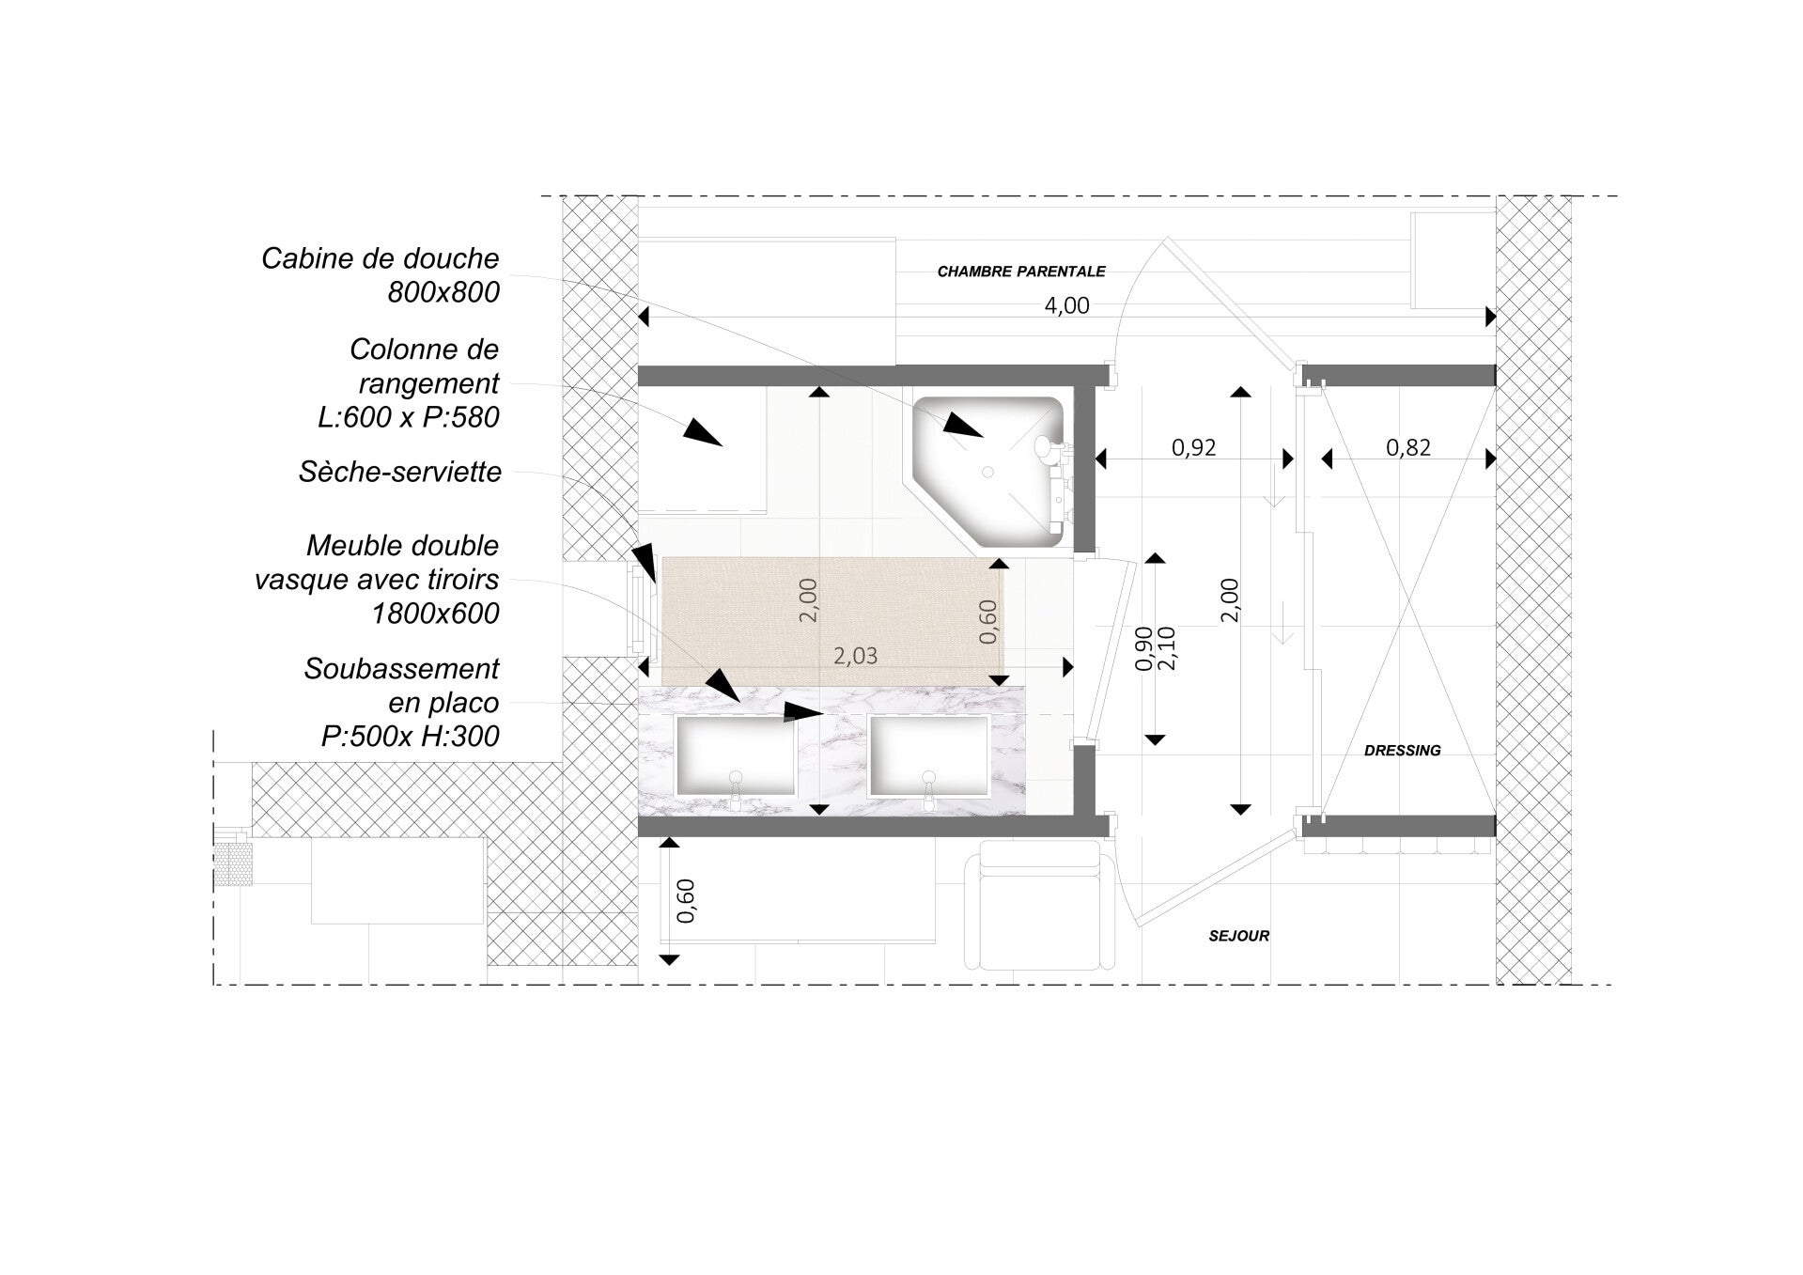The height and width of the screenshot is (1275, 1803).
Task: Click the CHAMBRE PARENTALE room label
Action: point(1021,272)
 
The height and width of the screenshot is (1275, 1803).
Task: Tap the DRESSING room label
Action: point(1402,750)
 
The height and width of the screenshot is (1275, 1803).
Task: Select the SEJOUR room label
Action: point(1239,936)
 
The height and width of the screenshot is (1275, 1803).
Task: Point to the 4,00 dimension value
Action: point(1066,305)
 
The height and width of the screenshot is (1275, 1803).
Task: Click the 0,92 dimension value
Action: point(1193,447)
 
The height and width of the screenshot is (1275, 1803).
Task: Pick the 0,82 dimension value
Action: point(1408,447)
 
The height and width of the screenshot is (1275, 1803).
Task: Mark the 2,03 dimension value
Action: point(855,656)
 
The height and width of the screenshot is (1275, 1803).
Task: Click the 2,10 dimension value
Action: point(1168,648)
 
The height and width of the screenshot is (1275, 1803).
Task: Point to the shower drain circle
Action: point(987,473)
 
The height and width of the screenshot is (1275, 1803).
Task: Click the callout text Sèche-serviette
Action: point(400,472)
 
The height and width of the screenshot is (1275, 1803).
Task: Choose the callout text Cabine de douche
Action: point(381,258)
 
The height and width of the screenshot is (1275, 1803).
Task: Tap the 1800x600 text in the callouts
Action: point(435,614)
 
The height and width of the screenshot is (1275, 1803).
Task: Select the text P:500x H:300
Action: point(411,736)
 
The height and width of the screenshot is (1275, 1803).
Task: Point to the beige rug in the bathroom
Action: point(832,621)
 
